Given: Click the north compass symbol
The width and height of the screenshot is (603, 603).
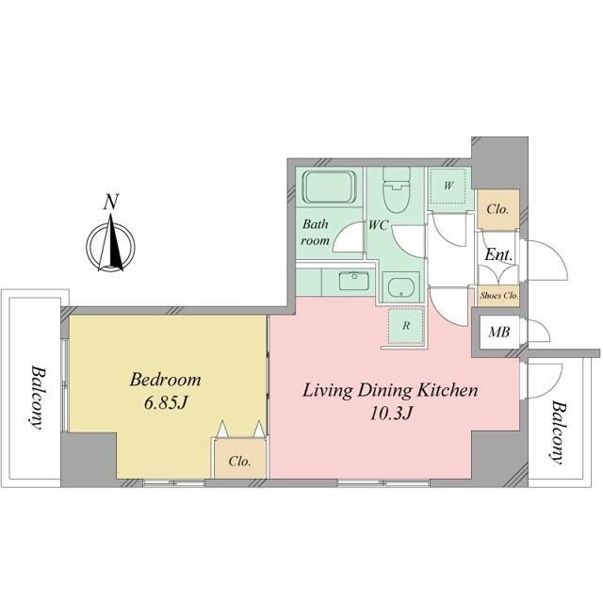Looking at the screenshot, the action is (x=111, y=245).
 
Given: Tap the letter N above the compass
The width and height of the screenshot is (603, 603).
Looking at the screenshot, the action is (x=111, y=202).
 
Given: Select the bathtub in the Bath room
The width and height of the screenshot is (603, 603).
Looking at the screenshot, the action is (x=330, y=187).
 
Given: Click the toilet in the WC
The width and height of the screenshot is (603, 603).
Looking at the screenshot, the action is (x=397, y=190).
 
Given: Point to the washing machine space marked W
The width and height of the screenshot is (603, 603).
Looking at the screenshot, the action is (x=448, y=187).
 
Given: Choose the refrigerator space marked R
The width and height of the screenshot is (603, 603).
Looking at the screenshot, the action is (x=406, y=326).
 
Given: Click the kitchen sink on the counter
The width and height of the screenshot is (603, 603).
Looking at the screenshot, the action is (x=354, y=280).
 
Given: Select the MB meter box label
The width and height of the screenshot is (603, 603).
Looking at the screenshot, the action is (x=499, y=332).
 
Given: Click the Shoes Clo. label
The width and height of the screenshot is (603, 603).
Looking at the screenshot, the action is (x=498, y=296).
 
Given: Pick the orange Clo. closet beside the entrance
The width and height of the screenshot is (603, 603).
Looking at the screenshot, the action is (x=498, y=209).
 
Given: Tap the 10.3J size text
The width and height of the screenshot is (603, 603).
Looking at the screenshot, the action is (x=391, y=414).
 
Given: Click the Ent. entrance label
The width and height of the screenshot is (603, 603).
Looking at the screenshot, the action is (x=498, y=254).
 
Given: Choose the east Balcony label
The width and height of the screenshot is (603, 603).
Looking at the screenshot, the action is (x=559, y=432).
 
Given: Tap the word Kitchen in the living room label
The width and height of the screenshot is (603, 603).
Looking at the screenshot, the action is (x=448, y=391).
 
